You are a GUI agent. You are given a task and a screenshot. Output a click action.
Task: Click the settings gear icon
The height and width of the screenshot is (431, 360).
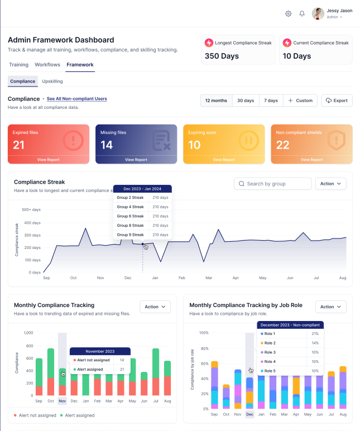tap(289, 13)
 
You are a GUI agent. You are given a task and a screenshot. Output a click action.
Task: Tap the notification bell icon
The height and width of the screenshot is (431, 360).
tap(302, 13)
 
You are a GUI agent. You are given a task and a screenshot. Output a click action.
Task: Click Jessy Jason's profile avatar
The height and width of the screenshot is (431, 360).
tap(318, 13)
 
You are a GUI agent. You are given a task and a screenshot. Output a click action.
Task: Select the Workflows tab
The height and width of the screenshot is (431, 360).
tap(47, 65)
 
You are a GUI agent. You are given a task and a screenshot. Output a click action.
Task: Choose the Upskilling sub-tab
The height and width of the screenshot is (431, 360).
tap(52, 82)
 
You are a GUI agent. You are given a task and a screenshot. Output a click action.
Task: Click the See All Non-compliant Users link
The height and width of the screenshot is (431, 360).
tap(76, 99)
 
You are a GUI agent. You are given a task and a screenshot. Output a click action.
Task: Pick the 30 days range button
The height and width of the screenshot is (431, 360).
tap(246, 100)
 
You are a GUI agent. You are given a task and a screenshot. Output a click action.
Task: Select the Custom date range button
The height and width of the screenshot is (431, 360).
tap(300, 100)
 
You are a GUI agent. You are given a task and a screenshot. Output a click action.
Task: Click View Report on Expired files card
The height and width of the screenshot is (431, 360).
tap(48, 160)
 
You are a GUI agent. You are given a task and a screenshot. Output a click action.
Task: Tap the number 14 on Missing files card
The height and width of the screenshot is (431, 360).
tap(107, 145)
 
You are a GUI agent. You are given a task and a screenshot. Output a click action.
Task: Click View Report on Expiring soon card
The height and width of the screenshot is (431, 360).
tap(224, 160)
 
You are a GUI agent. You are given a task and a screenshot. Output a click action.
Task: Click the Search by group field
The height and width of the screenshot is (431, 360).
tap(273, 184)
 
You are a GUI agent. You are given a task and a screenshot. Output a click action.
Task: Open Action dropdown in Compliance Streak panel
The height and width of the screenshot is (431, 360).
tap(330, 184)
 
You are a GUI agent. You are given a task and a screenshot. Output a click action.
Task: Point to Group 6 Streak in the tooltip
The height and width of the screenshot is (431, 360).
tap(130, 216)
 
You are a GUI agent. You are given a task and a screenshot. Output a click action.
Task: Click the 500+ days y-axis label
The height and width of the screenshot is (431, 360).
tap(31, 210)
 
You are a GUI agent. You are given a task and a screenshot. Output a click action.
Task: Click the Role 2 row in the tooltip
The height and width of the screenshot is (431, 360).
tap(270, 343)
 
